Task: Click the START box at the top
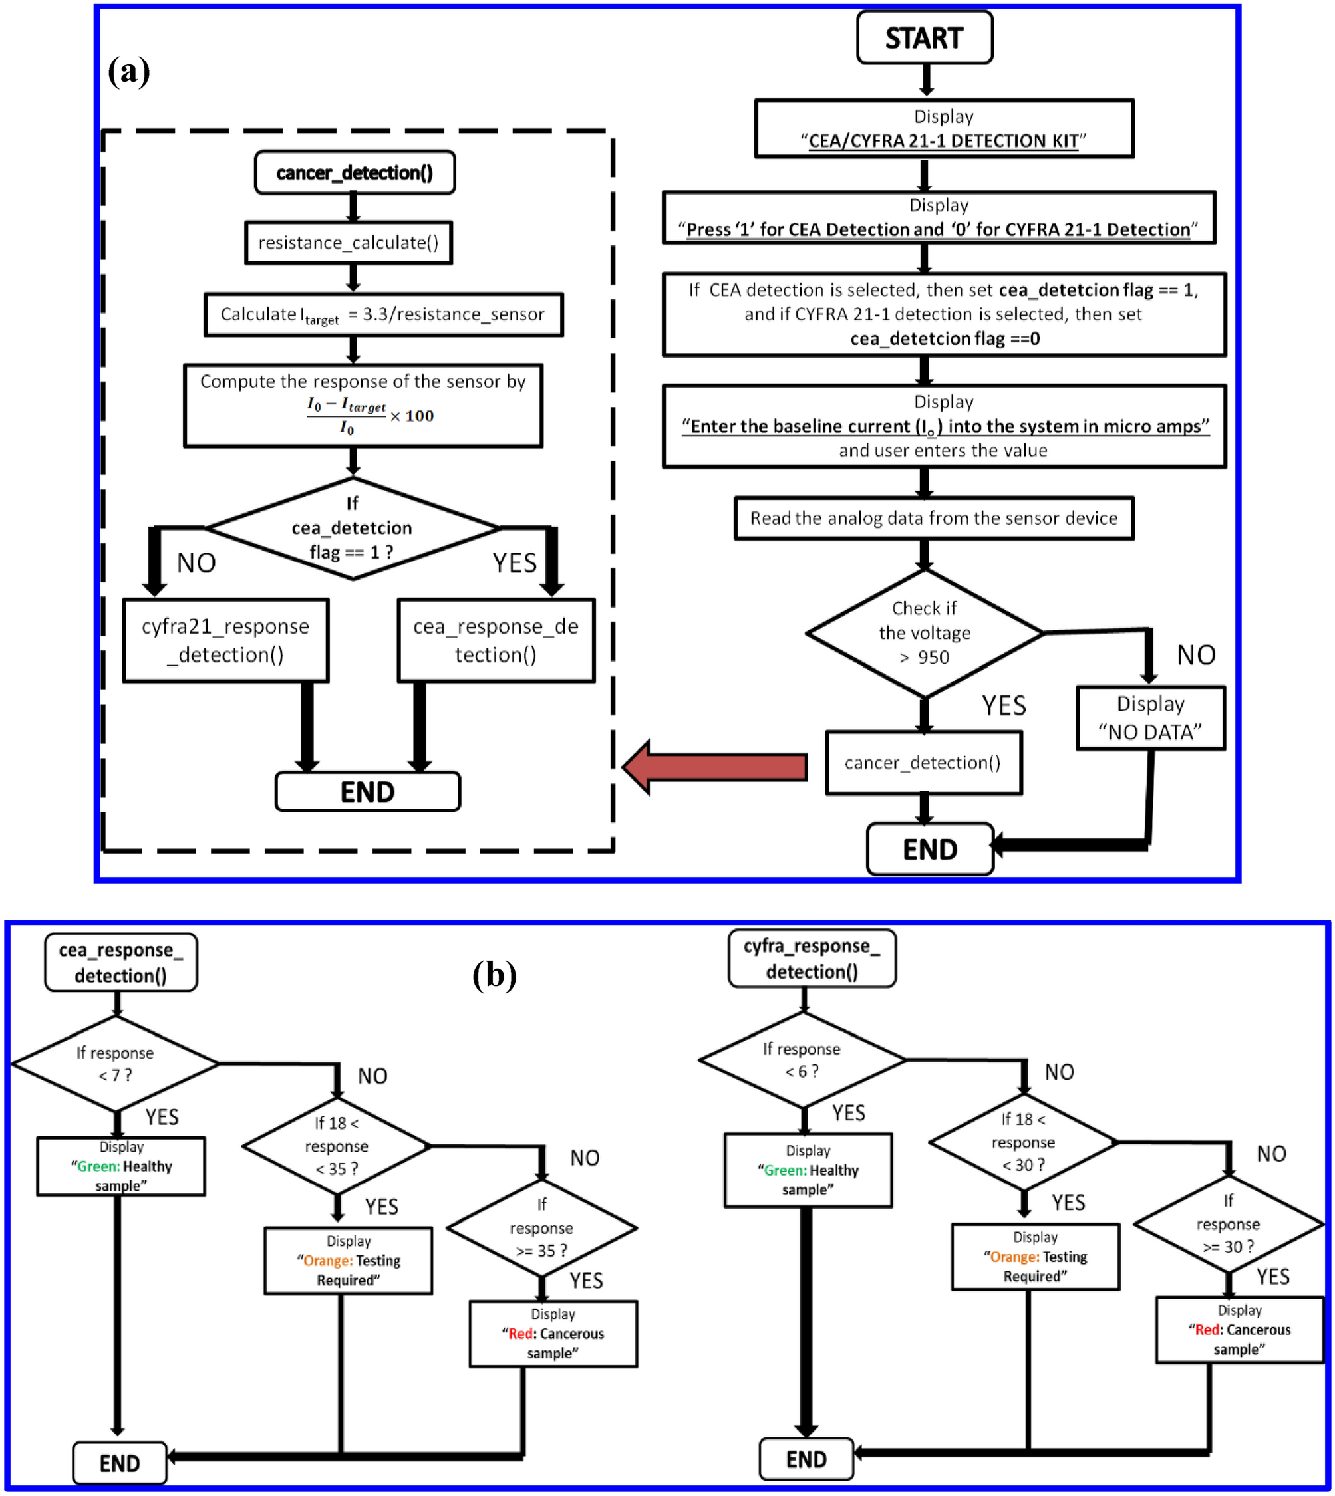(x=924, y=38)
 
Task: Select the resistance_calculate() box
(x=349, y=243)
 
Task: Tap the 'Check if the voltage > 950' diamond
(x=924, y=633)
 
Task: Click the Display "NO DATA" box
(x=1149, y=718)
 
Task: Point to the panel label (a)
(x=128, y=71)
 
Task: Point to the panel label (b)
(x=494, y=975)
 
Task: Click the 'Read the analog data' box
(x=933, y=519)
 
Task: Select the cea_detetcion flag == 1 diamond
(x=353, y=528)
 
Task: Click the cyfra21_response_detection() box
(x=225, y=640)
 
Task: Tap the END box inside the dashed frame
(x=367, y=791)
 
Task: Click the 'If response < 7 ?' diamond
(x=115, y=1063)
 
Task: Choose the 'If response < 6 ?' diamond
(x=802, y=1060)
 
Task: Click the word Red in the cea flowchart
(x=521, y=1333)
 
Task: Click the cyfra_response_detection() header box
(x=812, y=959)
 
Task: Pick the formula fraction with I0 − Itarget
(x=346, y=416)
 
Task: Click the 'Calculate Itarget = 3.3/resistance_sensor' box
(x=383, y=314)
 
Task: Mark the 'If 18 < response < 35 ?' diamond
(x=337, y=1146)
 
